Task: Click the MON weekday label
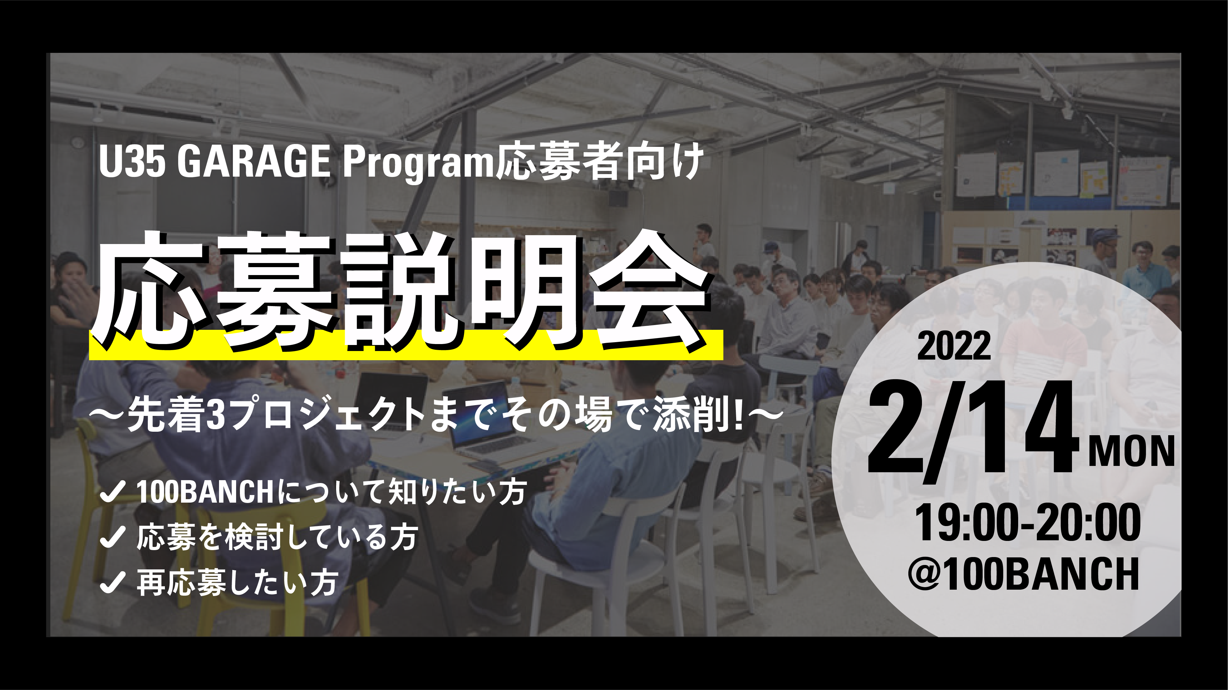(x=1131, y=452)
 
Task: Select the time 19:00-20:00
(x=1028, y=523)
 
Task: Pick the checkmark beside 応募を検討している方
(x=112, y=537)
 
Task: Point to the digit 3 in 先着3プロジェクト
(x=217, y=415)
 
